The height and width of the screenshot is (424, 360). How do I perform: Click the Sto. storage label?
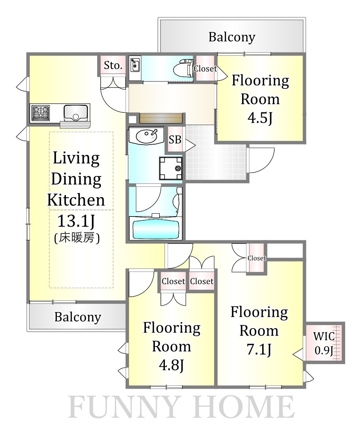(113, 65)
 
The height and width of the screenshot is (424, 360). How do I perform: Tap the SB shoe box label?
(175, 140)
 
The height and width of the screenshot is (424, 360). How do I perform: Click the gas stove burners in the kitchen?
(40, 113)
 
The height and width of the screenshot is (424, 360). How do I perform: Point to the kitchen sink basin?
(76, 113)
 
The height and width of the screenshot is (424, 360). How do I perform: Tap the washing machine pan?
(171, 168)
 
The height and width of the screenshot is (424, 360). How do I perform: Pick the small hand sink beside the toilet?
(135, 65)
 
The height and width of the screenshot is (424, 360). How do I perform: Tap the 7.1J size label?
(259, 349)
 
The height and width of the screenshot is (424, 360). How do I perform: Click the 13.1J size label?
(76, 221)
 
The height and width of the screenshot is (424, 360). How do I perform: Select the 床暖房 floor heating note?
(77, 238)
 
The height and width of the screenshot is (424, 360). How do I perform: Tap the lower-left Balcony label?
(78, 317)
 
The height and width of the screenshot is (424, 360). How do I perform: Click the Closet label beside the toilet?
(205, 69)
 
